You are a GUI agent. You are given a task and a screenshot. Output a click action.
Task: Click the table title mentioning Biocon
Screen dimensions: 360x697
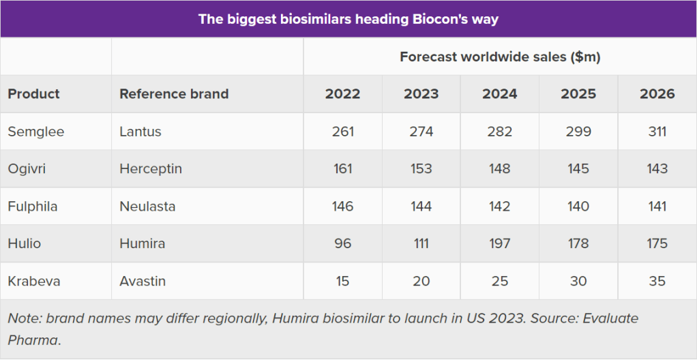348,18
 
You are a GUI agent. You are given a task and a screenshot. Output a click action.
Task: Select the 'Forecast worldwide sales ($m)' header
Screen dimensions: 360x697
500,57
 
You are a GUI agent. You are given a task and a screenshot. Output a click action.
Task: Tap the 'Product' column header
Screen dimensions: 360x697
34,94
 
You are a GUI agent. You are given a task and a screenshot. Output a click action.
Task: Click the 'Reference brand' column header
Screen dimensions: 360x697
174,94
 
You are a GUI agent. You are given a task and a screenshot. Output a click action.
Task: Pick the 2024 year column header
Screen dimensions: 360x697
500,94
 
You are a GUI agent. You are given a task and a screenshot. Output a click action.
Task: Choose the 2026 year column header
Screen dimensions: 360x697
657,94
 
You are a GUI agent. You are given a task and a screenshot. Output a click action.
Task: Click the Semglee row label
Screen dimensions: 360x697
36,132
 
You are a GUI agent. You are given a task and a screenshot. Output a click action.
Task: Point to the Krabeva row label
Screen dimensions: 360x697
34,281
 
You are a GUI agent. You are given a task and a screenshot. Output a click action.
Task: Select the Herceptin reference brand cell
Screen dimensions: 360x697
151,169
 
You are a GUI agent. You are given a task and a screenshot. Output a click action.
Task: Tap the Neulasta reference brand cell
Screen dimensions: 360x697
147,206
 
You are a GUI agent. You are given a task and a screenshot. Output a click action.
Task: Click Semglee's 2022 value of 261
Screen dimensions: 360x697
342,132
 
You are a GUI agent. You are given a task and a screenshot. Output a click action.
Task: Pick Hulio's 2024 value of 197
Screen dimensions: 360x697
500,243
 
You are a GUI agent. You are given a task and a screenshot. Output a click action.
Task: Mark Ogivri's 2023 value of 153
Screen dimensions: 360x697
421,169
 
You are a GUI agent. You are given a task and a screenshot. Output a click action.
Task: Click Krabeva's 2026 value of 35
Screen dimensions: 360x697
657,281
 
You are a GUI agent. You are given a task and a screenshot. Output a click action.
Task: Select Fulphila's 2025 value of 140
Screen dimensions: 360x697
578,206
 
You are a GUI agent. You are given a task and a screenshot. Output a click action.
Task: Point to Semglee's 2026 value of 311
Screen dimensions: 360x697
657,132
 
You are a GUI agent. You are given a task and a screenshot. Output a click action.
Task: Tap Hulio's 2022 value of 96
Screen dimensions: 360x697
342,243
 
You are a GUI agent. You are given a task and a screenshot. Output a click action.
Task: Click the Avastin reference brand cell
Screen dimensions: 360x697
143,281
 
